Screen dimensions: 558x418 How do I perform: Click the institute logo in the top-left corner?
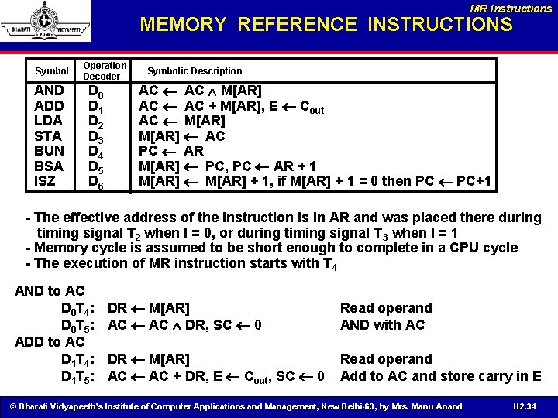tap(46, 22)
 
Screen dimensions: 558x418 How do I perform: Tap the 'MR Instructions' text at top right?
tap(511, 8)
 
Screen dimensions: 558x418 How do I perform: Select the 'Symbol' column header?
tap(52, 71)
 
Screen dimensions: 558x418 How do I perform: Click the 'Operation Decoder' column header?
tap(104, 70)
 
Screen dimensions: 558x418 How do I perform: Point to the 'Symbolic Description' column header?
tap(195, 71)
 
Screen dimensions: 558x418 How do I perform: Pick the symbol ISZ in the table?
tap(46, 182)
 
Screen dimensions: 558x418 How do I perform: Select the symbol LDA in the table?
tap(49, 121)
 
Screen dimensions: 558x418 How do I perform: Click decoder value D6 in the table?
tap(96, 183)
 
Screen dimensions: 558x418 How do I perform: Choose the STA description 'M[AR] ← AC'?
tap(181, 136)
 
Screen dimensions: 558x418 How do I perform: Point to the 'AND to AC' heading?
tap(50, 291)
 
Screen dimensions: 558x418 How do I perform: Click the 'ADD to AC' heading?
tap(50, 341)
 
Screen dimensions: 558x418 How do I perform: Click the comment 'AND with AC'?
tap(382, 325)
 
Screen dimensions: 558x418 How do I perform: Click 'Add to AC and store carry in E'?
tap(440, 376)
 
